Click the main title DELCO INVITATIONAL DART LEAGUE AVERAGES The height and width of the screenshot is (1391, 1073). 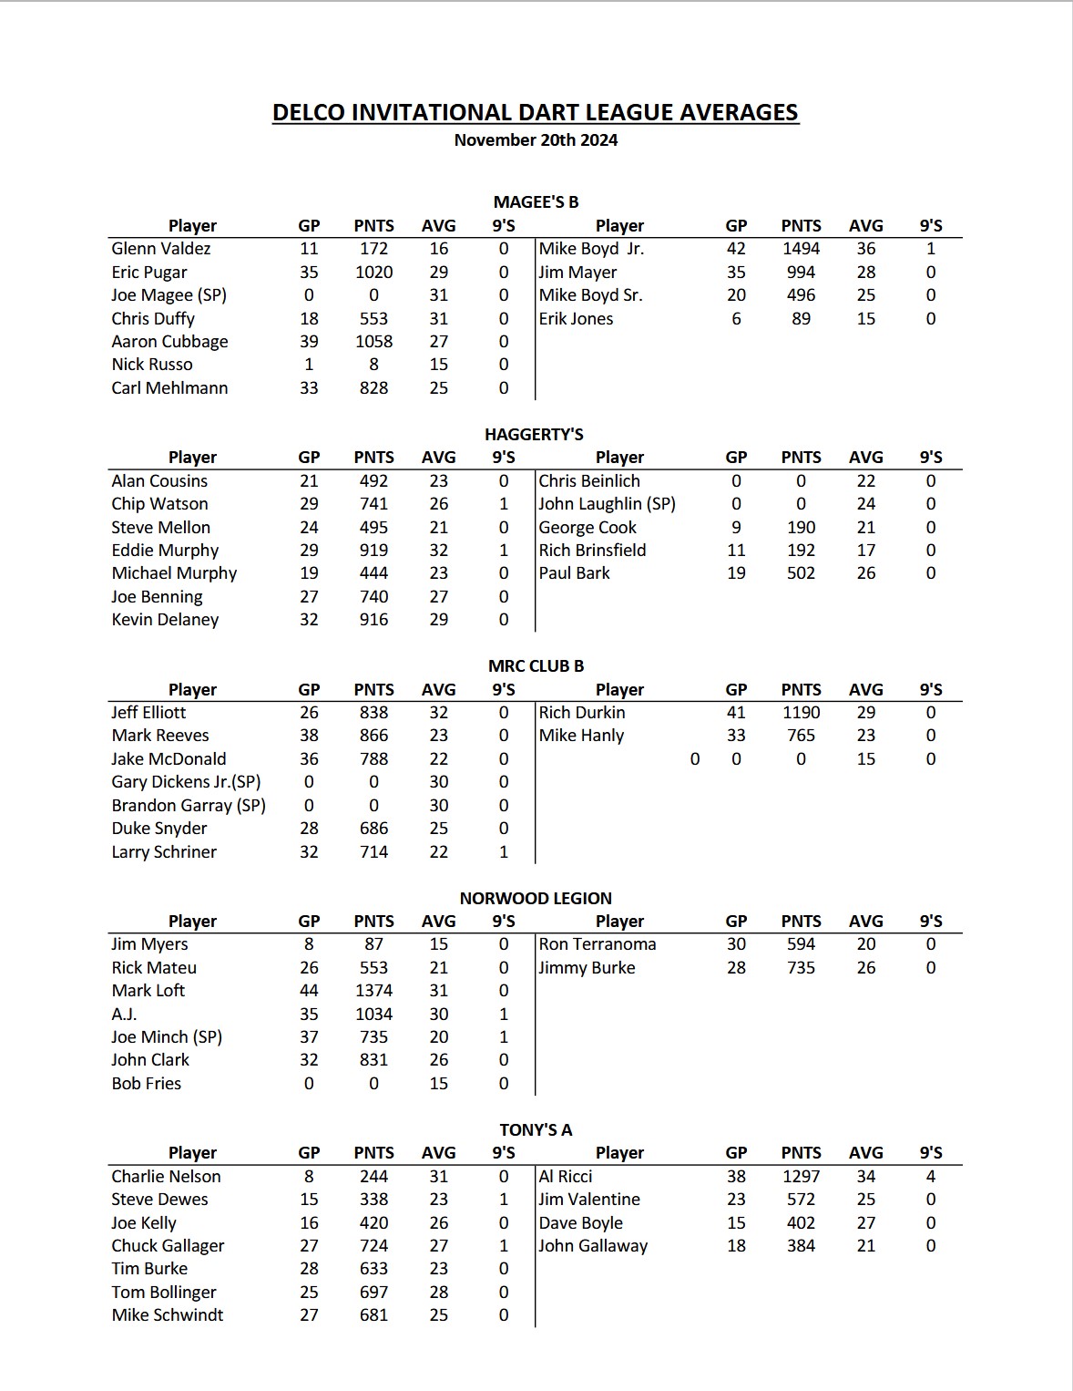[x=536, y=112]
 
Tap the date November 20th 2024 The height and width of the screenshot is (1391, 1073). [x=536, y=140]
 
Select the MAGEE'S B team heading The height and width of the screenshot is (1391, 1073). [x=536, y=201]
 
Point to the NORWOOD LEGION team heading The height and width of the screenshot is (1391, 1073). [x=536, y=898]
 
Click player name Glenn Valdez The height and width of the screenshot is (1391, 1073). [x=161, y=249]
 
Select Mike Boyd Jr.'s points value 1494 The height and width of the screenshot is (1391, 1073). [x=801, y=249]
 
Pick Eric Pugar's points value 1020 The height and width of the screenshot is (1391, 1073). [x=373, y=273]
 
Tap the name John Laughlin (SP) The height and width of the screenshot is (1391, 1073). [x=607, y=504]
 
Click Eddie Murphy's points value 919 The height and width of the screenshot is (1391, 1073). [x=373, y=551]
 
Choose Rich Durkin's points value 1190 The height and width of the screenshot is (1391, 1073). [x=801, y=713]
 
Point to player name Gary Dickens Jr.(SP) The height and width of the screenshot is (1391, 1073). [x=186, y=782]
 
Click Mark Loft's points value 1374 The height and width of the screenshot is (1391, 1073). [x=373, y=991]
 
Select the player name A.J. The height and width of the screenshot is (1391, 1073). [x=124, y=1015]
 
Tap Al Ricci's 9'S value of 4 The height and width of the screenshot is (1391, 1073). [x=930, y=1177]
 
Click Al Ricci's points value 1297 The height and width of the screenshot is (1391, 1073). [x=801, y=1177]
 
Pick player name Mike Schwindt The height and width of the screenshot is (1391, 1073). [x=168, y=1315]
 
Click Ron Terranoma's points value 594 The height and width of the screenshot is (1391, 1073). [x=801, y=944]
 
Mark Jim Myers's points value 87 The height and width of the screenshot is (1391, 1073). [x=373, y=944]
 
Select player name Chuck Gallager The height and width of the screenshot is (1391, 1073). [x=168, y=1246]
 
